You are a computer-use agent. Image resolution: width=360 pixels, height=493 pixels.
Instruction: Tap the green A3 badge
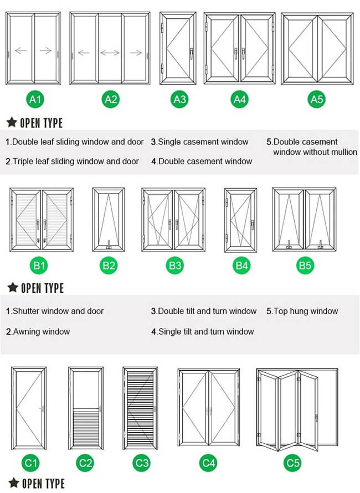179,100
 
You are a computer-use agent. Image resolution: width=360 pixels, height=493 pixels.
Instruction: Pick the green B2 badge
109,266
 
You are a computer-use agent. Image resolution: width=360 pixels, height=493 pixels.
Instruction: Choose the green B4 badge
242,266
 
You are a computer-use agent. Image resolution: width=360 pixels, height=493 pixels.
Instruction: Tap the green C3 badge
142,463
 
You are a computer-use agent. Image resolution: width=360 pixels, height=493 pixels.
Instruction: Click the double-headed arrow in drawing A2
110,53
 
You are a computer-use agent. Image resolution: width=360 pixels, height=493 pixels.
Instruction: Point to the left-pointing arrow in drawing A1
20,51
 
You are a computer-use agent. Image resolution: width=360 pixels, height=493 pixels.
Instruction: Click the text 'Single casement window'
200,142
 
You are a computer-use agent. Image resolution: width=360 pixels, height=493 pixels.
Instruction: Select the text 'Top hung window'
302,311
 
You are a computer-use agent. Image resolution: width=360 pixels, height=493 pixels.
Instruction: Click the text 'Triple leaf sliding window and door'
72,162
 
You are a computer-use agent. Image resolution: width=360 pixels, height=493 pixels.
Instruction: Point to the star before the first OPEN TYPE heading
11,122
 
